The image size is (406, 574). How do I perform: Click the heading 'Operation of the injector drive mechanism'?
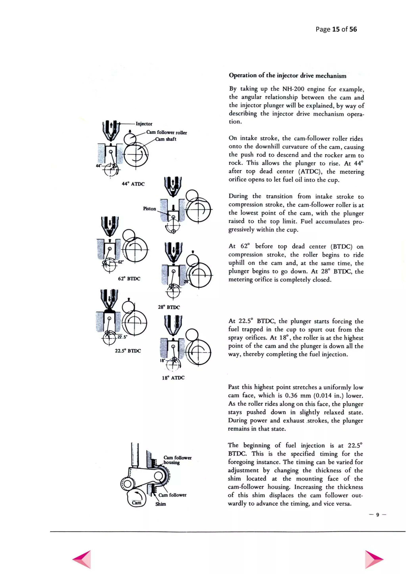(x=287, y=76)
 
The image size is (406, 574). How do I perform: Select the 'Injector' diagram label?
(x=144, y=124)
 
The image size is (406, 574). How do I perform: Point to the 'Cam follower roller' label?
(x=167, y=133)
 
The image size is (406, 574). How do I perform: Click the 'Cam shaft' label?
(x=166, y=139)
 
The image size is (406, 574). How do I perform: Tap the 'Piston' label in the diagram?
(x=149, y=209)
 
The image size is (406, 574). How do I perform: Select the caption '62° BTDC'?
(x=129, y=278)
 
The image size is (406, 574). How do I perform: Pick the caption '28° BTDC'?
(x=169, y=307)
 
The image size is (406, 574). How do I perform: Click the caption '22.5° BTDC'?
(x=128, y=351)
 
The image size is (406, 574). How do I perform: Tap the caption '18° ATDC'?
(x=173, y=378)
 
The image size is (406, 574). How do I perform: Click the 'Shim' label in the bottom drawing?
(x=161, y=504)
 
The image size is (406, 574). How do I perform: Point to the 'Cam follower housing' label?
(x=177, y=460)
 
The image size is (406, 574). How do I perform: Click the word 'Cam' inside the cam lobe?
(x=137, y=502)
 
